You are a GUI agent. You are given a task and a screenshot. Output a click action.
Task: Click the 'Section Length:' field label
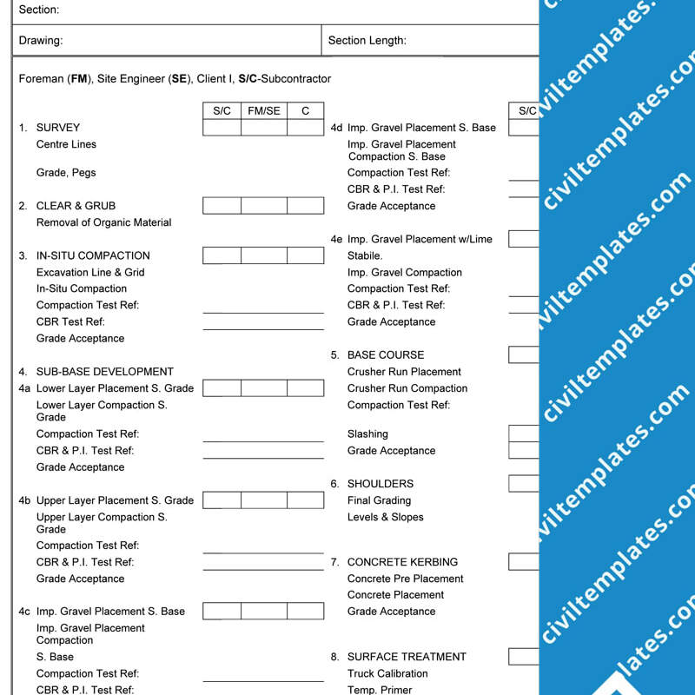click(367, 40)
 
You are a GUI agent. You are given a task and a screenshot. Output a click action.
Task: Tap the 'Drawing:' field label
click(41, 40)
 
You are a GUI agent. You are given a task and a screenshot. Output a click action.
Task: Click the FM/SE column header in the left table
click(264, 110)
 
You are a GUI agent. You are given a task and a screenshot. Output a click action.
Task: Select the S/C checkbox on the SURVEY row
click(222, 128)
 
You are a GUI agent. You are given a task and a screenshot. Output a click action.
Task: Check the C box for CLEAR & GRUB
click(305, 206)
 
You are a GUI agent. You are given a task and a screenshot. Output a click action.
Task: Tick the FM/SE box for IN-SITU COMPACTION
click(264, 255)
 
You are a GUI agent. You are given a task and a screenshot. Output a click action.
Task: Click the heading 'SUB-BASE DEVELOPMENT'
click(105, 371)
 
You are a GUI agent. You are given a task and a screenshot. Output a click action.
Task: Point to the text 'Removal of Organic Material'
click(103, 222)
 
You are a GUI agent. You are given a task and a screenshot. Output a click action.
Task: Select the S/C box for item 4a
click(222, 388)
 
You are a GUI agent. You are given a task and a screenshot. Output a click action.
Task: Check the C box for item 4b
click(305, 500)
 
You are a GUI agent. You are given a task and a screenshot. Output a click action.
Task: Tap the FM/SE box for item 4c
click(264, 612)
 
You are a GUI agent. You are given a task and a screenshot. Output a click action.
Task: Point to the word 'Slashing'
click(367, 434)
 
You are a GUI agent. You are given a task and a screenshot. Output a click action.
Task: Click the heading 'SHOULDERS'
click(381, 483)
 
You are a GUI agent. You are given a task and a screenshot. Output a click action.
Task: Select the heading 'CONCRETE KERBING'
click(402, 562)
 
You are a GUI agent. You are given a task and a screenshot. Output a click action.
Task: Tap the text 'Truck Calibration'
click(387, 673)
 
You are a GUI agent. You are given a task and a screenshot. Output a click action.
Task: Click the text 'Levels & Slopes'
click(386, 517)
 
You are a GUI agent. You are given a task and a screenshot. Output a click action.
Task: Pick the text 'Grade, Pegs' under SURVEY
click(66, 173)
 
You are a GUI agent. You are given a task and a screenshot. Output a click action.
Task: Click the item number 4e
click(337, 239)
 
